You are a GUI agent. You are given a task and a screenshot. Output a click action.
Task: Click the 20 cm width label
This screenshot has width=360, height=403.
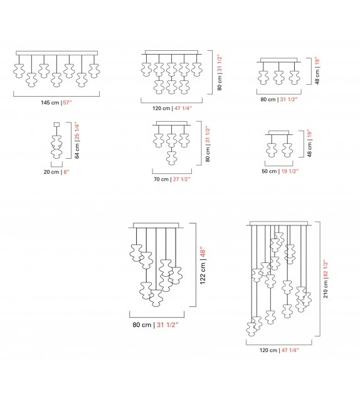coord(50,171)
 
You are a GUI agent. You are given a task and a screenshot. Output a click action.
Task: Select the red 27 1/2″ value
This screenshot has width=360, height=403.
coord(181,179)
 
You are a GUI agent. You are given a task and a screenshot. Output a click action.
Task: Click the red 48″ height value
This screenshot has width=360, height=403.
coord(202,254)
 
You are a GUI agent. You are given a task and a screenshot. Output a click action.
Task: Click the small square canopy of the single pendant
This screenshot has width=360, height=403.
coord(56,124)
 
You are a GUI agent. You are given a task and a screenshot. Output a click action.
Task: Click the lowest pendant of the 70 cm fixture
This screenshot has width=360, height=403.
coord(170,157)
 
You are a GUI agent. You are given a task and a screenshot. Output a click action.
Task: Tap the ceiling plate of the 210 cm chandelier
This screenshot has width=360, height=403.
coord(279,223)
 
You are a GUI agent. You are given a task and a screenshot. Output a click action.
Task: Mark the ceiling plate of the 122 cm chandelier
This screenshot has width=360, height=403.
coord(157,225)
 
